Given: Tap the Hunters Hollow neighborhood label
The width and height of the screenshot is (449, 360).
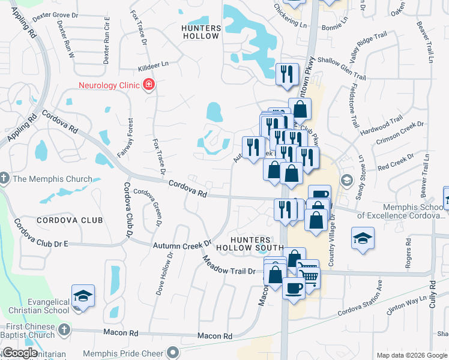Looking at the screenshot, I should pos(201,32).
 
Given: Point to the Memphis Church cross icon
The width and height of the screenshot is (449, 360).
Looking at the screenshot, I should pos(5,179).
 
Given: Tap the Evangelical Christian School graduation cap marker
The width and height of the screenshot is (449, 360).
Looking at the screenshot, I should pos(83,296).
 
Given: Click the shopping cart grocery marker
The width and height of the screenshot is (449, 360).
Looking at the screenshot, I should pos(308,275).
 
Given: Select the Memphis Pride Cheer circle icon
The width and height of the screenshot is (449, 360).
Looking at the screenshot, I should pos(173,352).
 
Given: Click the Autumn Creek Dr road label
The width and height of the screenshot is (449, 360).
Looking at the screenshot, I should pos(182,245).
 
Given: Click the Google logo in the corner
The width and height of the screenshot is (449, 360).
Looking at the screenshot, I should pos(20,353).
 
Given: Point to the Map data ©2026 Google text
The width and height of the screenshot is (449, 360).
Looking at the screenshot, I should pos(412,355).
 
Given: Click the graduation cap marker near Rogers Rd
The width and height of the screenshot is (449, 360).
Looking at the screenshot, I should pos(363,238).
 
